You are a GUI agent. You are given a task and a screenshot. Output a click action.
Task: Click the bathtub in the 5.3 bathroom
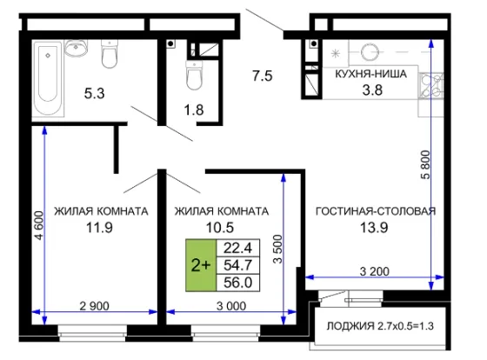pos(48,79)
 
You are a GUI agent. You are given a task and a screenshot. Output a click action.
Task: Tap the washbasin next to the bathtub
pos(76,48)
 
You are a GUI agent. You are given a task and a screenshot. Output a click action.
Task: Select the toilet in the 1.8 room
pos(194,75)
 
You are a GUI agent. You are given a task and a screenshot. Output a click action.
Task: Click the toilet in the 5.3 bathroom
pos(110,54)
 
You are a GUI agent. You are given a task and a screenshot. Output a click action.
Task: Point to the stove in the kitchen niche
pos(431,86)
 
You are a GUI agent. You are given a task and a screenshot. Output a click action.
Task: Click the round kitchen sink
pos(370,51)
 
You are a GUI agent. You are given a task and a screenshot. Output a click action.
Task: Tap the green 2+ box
pos(201,265)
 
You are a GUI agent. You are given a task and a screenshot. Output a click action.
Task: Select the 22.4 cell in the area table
pos(238,248)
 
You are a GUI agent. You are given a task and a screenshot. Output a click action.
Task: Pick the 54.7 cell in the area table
pos(238,265)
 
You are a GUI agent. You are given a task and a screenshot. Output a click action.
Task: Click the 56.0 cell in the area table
pos(238,283)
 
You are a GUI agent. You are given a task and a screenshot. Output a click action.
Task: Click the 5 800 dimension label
pos(425,164)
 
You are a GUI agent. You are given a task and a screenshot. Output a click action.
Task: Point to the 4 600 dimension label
pos(39,225)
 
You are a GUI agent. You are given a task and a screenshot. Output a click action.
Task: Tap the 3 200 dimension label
pos(375,271)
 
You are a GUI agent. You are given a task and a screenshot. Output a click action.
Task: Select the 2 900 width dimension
pos(95,306)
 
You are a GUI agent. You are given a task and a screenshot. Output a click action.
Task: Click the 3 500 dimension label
pos(277,249)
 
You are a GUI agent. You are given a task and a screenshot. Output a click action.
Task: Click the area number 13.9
pos(374,228)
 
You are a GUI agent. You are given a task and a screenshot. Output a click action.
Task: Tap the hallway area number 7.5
pos(262,76)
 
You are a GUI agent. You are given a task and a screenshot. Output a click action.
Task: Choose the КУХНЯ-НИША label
pos(371,74)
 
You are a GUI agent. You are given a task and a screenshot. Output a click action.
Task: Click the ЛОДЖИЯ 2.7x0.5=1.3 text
pos(380,326)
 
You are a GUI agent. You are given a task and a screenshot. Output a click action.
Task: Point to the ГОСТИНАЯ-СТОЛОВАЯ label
pos(376,211)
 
